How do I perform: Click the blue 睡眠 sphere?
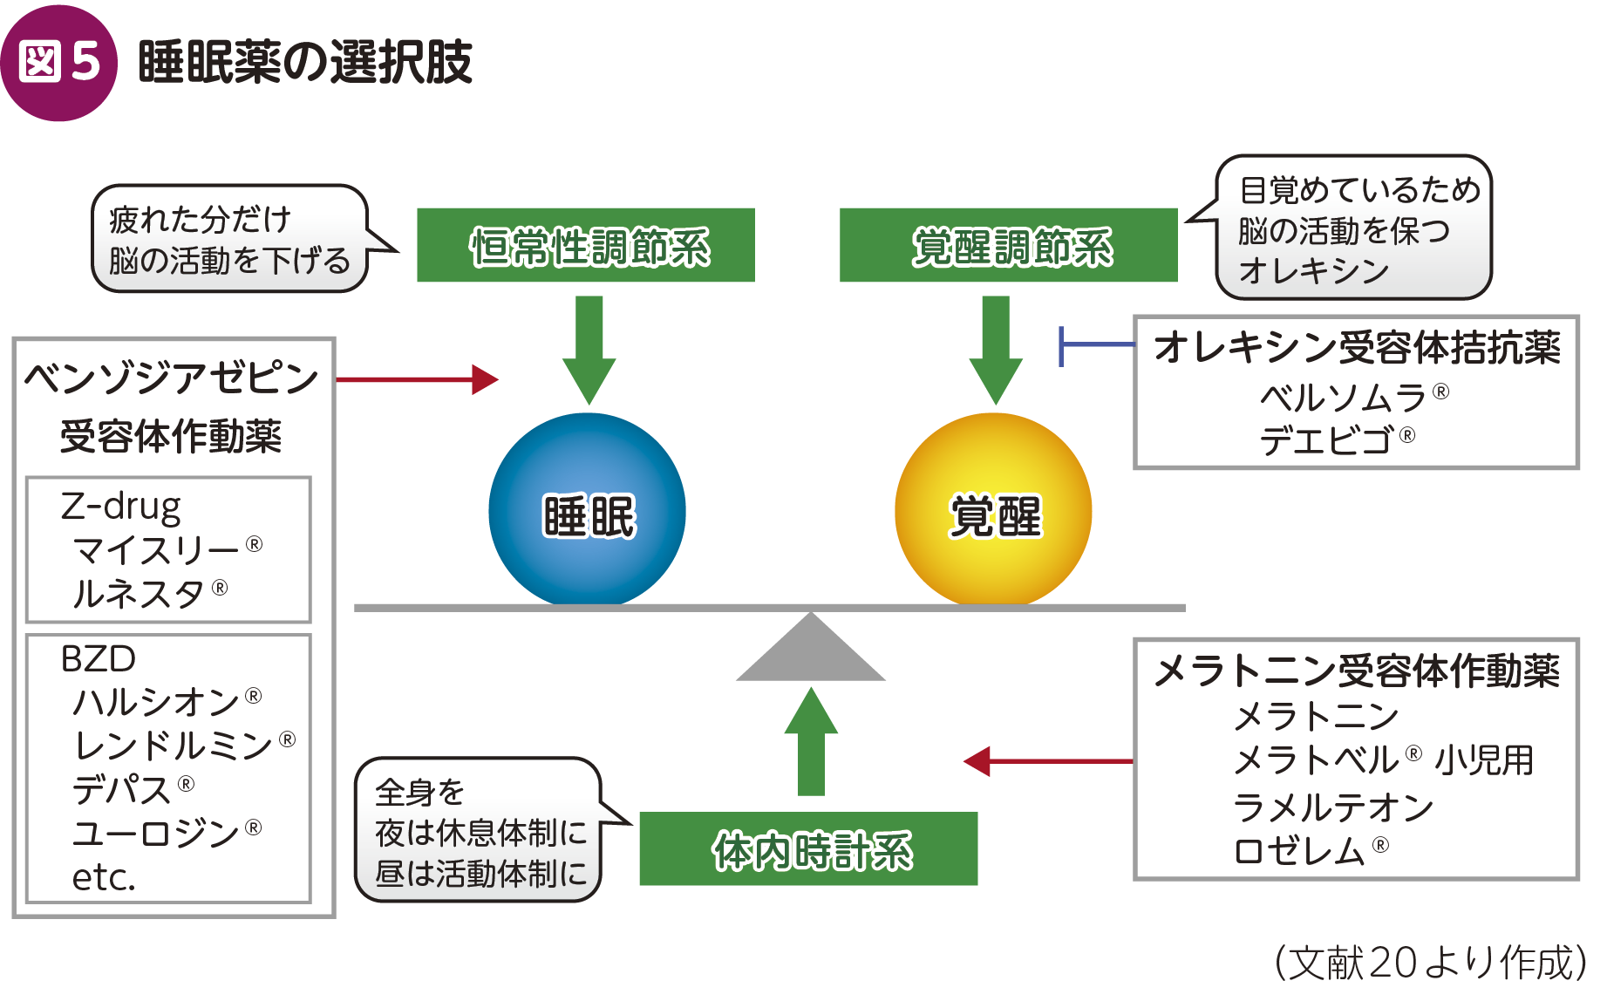[587, 510]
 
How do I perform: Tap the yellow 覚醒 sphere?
[993, 510]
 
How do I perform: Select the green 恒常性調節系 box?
[586, 245]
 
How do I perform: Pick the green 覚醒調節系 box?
[1009, 245]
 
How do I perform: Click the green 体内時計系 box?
[809, 848]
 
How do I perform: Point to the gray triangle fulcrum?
[811, 647]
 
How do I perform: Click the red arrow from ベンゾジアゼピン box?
[417, 379]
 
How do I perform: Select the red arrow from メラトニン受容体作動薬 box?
[1048, 761]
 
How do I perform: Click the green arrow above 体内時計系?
[811, 741]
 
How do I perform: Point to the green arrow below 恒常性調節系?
[589, 350]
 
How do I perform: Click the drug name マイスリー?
[156, 550]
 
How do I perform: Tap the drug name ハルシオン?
[156, 702]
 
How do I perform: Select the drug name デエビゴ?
[1326, 440]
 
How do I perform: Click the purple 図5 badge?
[58, 63]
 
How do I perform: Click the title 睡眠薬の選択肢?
[305, 62]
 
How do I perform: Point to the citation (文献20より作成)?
[1430, 963]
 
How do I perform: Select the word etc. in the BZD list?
[104, 877]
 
